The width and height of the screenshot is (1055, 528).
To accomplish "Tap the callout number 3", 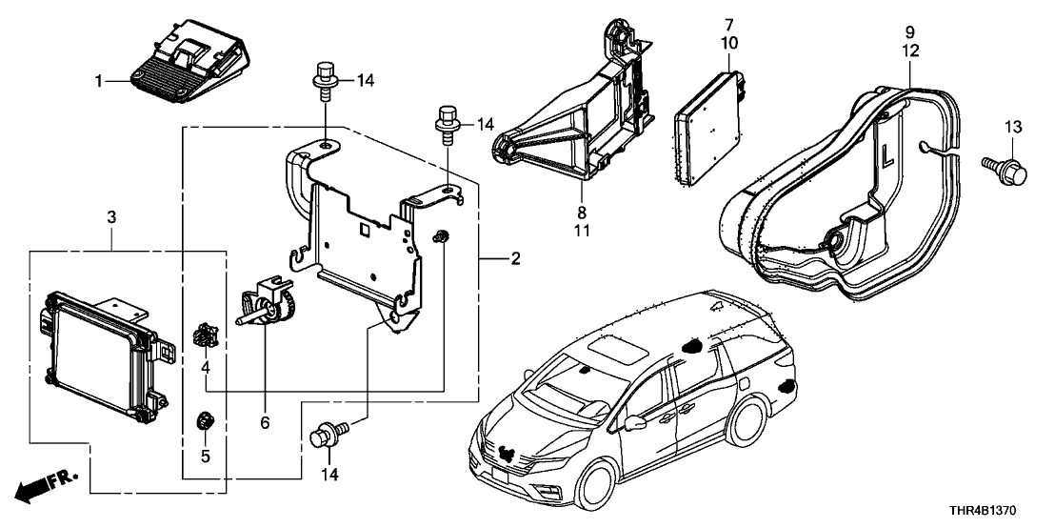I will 111,219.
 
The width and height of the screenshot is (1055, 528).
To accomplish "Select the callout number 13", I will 1011,127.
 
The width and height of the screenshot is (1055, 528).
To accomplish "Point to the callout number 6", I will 265,421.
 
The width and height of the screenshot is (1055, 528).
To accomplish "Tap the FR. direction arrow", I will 44,483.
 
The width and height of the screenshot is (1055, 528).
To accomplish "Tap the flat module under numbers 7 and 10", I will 708,125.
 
